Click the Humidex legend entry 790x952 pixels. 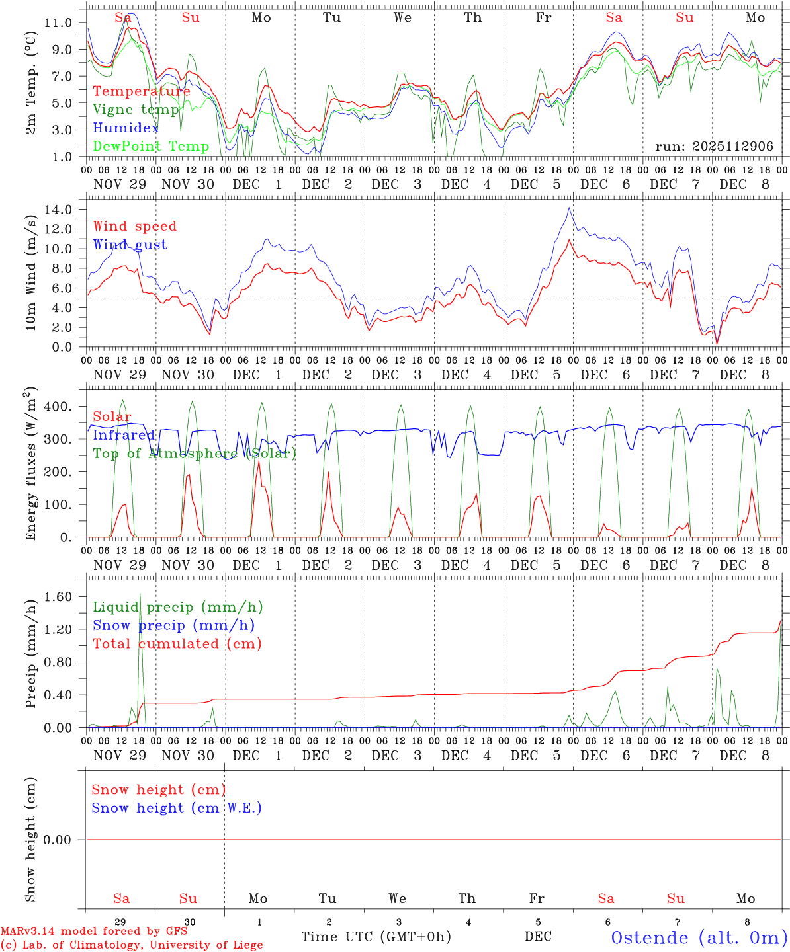tap(126, 128)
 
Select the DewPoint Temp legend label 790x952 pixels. tap(151, 146)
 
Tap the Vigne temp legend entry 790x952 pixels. tap(136, 110)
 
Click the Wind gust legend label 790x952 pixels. tap(130, 245)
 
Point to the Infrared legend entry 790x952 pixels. tap(124, 435)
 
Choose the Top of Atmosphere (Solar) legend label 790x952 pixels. tap(195, 454)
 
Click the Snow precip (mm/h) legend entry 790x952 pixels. tap(173, 625)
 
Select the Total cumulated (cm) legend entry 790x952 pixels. tap(177, 644)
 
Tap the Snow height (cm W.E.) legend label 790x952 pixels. tap(177, 808)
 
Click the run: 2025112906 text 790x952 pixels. tap(714, 147)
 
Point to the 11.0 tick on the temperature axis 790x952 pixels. tap(58, 22)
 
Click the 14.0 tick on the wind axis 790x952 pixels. tap(58, 210)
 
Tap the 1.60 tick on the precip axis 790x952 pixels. tap(58, 597)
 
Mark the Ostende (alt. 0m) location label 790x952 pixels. tap(698, 937)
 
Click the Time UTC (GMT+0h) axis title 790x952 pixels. tap(376, 937)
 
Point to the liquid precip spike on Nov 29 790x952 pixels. tap(140, 595)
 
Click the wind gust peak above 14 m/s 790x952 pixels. tap(569, 208)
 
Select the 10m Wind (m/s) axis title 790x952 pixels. tap(31, 273)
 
